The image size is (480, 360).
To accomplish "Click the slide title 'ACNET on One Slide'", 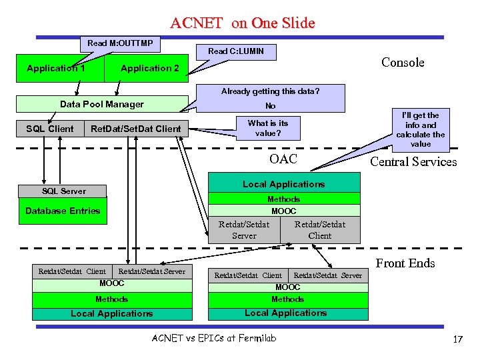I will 242,23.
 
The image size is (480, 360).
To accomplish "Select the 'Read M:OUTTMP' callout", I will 120,44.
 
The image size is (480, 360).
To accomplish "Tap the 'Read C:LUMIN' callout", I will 236,51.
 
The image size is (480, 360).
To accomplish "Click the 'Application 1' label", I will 56,68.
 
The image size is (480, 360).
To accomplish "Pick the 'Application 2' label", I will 149,68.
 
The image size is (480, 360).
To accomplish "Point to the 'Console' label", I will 403,63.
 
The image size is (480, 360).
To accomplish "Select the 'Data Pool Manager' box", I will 101,104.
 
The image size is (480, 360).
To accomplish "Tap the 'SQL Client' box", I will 50,129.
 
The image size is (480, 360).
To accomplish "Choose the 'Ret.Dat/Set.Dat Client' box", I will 135,129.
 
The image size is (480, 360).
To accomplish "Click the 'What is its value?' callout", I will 268,128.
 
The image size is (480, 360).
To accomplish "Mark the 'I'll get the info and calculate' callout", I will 421,129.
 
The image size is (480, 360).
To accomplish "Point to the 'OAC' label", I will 283,159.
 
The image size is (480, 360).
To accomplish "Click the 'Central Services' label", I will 413,161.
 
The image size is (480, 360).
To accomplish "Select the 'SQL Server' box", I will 64,191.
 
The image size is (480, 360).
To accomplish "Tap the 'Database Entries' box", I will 63,211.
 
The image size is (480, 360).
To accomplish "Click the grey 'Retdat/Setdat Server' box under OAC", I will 244,230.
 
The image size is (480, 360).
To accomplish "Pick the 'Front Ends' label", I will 405,263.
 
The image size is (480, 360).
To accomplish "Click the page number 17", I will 457,339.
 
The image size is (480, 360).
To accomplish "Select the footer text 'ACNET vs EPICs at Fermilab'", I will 214,338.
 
